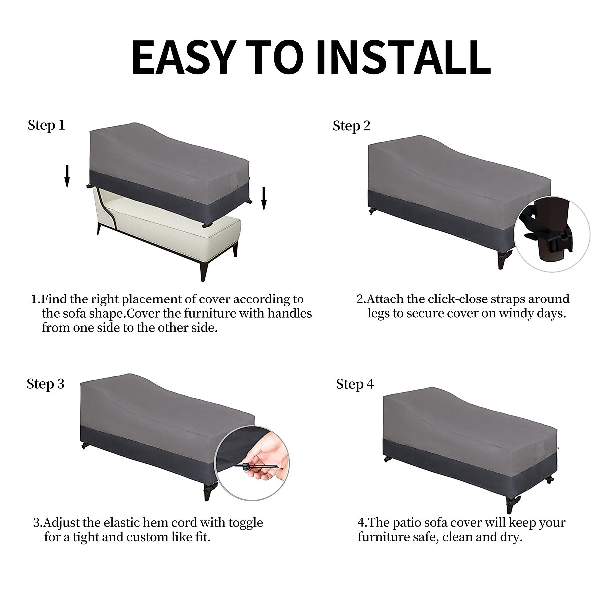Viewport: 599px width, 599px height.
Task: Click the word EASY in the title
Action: point(183,57)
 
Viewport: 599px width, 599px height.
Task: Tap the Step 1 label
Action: point(46,125)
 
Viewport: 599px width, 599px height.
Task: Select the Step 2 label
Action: point(351,126)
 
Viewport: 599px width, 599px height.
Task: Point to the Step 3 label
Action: point(46,384)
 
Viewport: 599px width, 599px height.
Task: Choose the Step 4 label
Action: point(355,384)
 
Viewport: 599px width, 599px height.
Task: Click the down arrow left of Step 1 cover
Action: point(67,176)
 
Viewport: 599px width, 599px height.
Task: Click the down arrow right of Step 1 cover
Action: point(264,199)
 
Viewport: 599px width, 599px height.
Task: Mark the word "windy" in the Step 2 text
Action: point(515,313)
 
